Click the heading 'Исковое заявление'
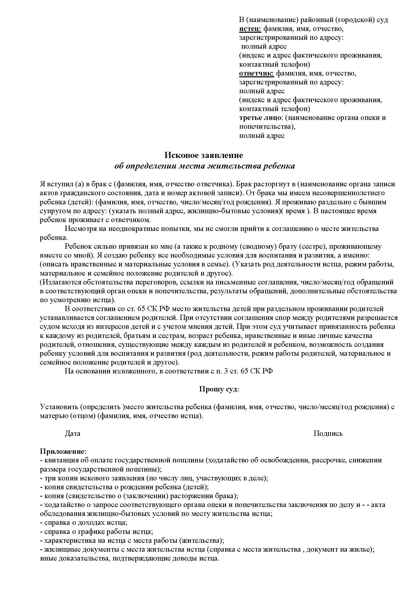coord(204,155)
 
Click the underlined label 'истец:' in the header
coord(250,29)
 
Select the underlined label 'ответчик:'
coord(256,74)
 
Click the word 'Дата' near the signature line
coord(72,433)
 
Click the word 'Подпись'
coord(328,433)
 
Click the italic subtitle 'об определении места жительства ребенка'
coord(205,166)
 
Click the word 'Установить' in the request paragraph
coord(59,407)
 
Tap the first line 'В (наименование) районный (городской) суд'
coord(313,20)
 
